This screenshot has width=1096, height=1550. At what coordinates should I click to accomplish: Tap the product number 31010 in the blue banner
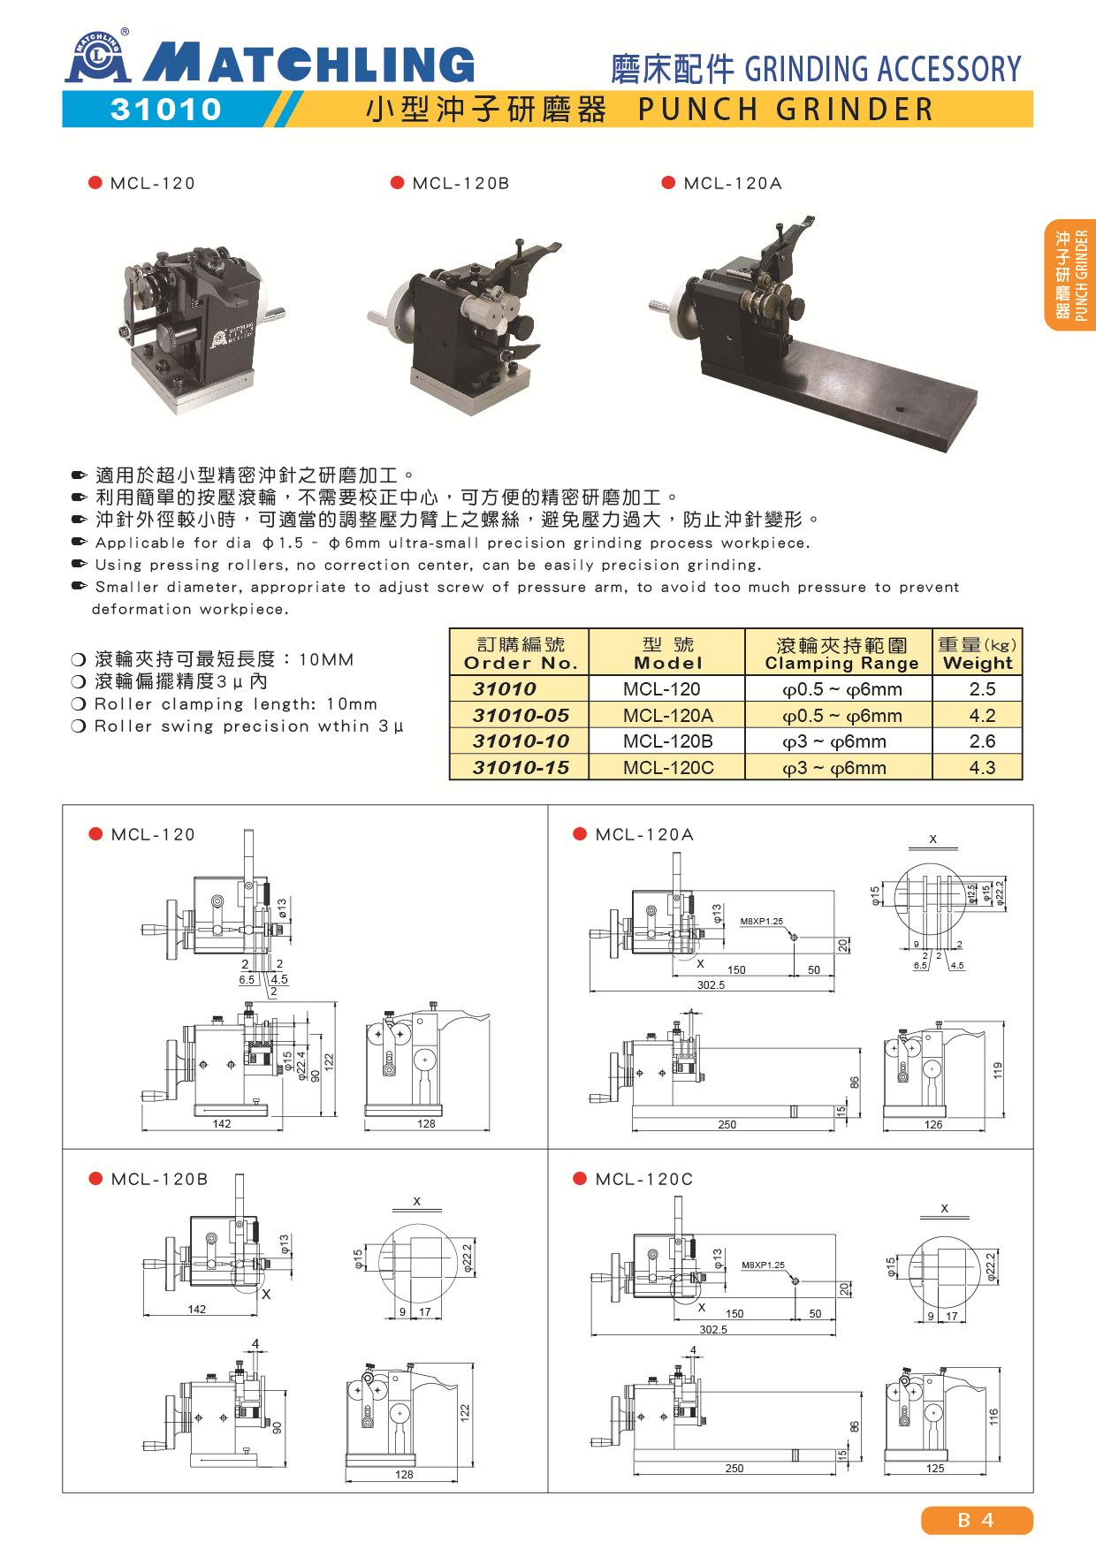tap(166, 110)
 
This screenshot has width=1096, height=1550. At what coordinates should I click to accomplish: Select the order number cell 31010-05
tap(521, 715)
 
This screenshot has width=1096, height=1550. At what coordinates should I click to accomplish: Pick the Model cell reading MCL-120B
tap(667, 741)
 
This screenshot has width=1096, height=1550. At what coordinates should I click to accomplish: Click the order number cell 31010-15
tap(521, 767)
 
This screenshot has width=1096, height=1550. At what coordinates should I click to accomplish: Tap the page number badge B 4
tap(977, 1520)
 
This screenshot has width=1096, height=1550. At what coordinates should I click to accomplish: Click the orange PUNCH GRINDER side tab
tap(1070, 275)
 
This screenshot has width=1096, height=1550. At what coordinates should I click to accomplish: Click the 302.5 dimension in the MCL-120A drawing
tap(712, 984)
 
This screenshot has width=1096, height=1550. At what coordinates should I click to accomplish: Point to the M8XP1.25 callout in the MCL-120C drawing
tap(763, 1265)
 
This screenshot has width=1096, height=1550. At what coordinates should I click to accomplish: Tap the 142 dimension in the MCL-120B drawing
tap(197, 1309)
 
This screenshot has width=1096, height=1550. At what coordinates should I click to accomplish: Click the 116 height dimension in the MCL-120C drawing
tap(993, 1417)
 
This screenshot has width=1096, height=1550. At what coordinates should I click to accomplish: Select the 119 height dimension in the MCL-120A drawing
tap(998, 1071)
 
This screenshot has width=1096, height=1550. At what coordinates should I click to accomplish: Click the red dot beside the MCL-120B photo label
tap(397, 183)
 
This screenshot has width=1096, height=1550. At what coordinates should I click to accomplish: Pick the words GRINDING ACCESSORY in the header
tap(883, 69)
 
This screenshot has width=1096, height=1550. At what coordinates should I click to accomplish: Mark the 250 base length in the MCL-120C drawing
tap(734, 1468)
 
